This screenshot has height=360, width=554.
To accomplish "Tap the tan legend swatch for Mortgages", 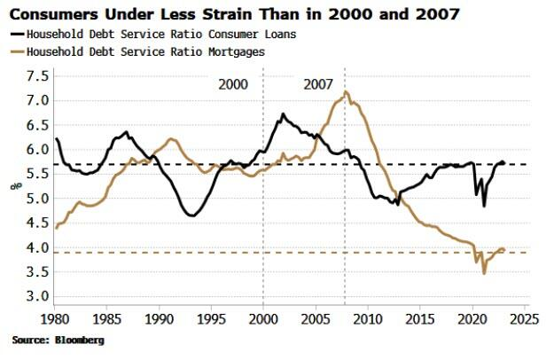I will (16, 52).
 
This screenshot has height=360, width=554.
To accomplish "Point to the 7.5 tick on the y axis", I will (36, 76).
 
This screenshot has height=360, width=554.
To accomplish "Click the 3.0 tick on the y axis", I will (36, 297).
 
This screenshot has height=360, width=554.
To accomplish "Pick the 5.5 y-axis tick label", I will (36, 175).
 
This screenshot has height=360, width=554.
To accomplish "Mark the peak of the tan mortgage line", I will (346, 91).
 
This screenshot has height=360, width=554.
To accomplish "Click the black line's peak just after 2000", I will (283, 114).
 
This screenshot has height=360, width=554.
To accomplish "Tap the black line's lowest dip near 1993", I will (192, 215).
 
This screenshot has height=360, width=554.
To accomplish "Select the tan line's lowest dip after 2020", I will (484, 273).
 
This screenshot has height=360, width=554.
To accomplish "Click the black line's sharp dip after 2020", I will (484, 206).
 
